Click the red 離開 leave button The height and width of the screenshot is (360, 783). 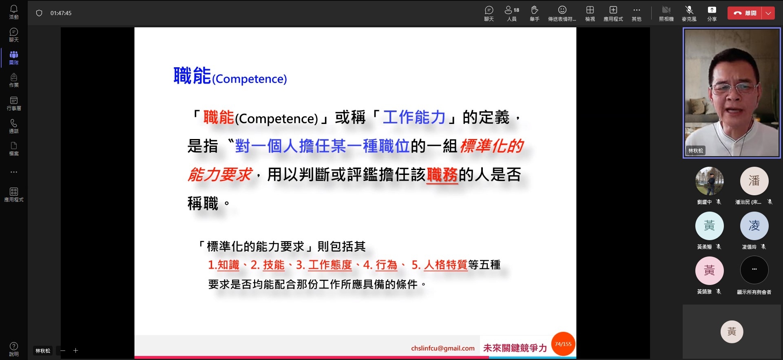(x=745, y=13)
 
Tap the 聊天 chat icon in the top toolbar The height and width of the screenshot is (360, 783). (x=489, y=10)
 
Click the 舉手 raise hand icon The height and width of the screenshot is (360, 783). (x=535, y=10)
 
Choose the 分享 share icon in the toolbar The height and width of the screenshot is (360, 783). (x=712, y=10)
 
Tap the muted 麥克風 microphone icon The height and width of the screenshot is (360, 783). (x=689, y=10)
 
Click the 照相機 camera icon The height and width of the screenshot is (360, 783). (x=666, y=10)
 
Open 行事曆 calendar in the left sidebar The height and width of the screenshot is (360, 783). (x=14, y=100)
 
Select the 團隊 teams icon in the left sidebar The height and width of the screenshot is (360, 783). (x=14, y=55)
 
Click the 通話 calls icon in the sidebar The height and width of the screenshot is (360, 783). (x=14, y=123)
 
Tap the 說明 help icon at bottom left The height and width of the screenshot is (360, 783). (x=14, y=346)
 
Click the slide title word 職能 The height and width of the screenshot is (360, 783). (x=192, y=76)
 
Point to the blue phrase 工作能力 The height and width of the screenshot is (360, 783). (x=414, y=117)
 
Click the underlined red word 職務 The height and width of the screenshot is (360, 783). (x=442, y=175)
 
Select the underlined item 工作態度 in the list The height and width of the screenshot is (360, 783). (x=330, y=265)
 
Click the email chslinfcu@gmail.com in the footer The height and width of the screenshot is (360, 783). (x=443, y=348)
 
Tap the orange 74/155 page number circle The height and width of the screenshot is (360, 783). (x=563, y=344)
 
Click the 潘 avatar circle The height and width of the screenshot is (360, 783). (x=754, y=181)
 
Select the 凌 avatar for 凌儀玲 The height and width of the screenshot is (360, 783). (x=754, y=226)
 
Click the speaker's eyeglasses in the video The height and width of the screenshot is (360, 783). (x=735, y=87)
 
